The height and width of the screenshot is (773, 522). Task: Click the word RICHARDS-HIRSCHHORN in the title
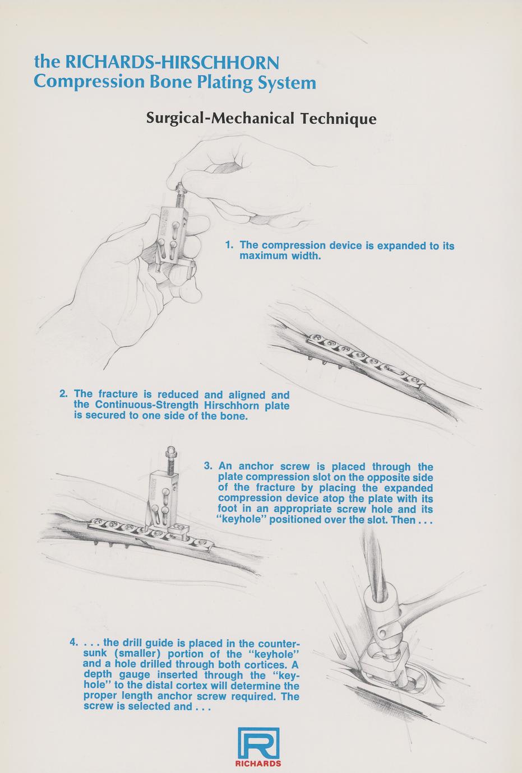[x=172, y=62]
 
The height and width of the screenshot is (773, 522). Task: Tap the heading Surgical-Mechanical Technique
[x=261, y=118]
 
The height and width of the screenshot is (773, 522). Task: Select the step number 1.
[x=228, y=245]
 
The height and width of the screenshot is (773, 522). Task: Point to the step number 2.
[x=63, y=394]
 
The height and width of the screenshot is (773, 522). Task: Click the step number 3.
[x=207, y=466]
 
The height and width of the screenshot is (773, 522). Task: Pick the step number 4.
[x=73, y=643]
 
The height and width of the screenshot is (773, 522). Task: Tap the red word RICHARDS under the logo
[x=258, y=763]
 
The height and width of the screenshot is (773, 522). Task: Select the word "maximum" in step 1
[x=264, y=256]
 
